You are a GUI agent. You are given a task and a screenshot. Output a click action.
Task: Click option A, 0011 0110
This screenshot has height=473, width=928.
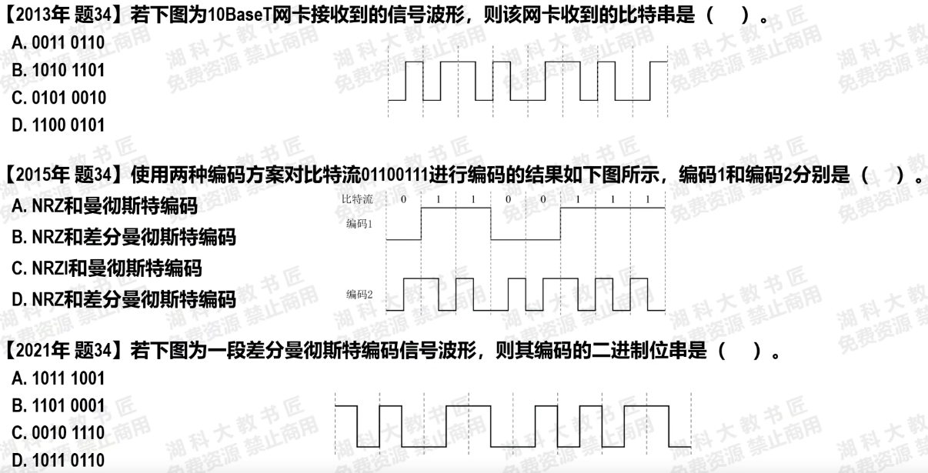pyautogui.click(x=58, y=43)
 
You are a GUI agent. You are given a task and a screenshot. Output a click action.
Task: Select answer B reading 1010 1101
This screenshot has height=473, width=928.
pyautogui.click(x=58, y=71)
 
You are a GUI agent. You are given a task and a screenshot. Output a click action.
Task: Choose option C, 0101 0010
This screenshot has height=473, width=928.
pyautogui.click(x=58, y=98)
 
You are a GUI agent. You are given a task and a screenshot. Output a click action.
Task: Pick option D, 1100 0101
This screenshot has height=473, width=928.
pyautogui.click(x=58, y=125)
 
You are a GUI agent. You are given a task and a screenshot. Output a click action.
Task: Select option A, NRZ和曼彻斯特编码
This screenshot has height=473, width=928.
pyautogui.click(x=105, y=206)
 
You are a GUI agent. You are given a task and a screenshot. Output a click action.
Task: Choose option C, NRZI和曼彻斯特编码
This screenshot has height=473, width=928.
pyautogui.click(x=107, y=268)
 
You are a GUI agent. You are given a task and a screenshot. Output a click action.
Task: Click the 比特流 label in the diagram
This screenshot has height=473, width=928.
pyautogui.click(x=358, y=200)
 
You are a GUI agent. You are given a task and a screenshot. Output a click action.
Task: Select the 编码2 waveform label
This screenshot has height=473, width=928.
pyautogui.click(x=359, y=294)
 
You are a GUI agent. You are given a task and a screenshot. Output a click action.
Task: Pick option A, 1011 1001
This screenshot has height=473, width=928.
pyautogui.click(x=58, y=378)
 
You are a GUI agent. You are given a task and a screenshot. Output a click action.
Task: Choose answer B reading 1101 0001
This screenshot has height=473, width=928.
pyautogui.click(x=58, y=406)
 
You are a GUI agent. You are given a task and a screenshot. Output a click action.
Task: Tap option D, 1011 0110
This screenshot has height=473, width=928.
pyautogui.click(x=58, y=461)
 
